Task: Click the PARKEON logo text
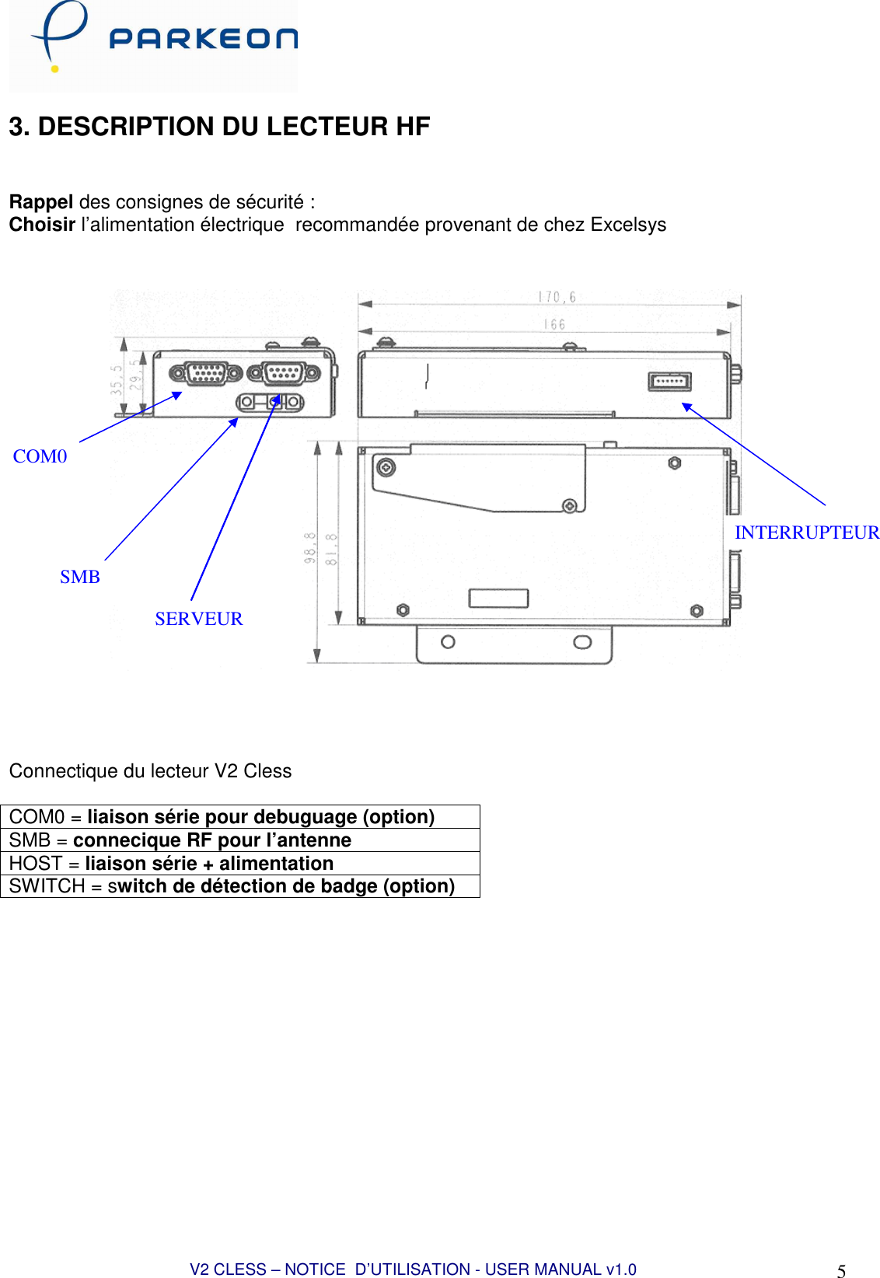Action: tap(203, 39)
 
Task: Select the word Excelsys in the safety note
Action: tap(628, 225)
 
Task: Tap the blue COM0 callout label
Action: tap(40, 456)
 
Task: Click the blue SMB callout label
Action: tap(80, 577)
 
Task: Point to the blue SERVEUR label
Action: tap(198, 619)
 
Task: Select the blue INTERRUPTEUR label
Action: tap(806, 532)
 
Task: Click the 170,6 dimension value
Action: tap(557, 297)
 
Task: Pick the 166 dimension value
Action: tap(554, 324)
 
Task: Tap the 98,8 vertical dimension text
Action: tap(310, 547)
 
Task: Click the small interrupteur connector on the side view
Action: tap(669, 382)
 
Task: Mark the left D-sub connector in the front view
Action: tap(206, 374)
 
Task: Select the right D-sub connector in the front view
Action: tap(284, 373)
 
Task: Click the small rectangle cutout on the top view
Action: tap(498, 598)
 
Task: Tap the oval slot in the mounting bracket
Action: tap(582, 642)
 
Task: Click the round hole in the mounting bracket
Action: tap(448, 642)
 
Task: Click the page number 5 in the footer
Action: tap(841, 1271)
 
